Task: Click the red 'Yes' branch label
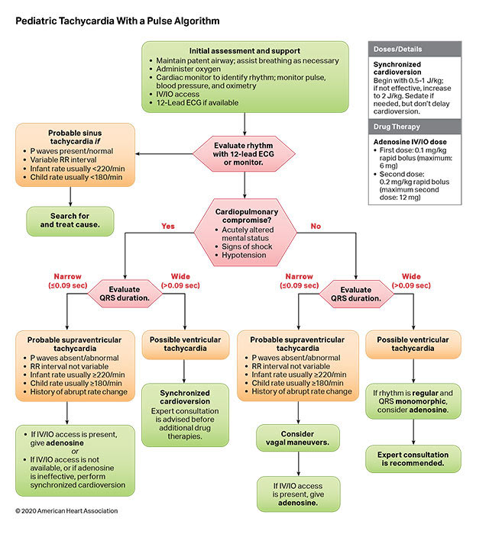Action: [x=167, y=226]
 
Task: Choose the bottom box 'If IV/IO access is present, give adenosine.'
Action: [x=297, y=494]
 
